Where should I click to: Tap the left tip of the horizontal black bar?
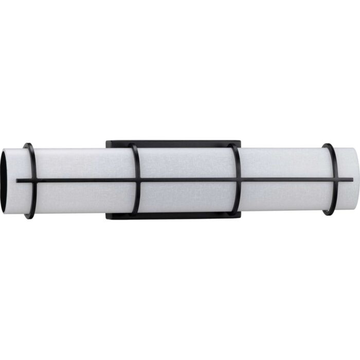pos(18,181)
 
